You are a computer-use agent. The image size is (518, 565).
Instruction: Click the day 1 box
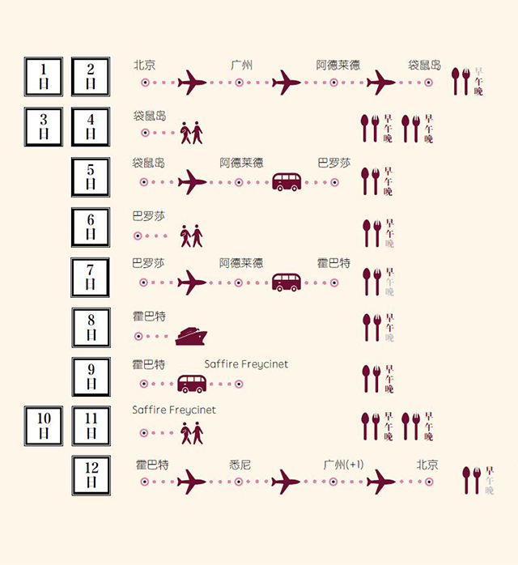pyautogui.click(x=44, y=78)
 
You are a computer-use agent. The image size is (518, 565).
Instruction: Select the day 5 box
pyautogui.click(x=91, y=177)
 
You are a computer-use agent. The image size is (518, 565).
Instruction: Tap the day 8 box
pyautogui.click(x=91, y=328)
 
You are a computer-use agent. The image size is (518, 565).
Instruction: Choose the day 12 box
pyautogui.click(x=91, y=477)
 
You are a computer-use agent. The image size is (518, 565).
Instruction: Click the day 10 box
pyautogui.click(x=44, y=427)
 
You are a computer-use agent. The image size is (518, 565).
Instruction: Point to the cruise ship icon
pyautogui.click(x=193, y=335)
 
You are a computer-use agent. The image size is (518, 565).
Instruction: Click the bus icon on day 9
pyautogui.click(x=192, y=384)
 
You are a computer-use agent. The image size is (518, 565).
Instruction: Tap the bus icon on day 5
pyautogui.click(x=287, y=182)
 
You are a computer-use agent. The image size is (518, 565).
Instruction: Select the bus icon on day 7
pyautogui.click(x=287, y=282)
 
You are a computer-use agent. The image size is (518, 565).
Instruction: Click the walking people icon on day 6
pyautogui.click(x=192, y=236)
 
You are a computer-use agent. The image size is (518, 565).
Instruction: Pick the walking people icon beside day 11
pyautogui.click(x=192, y=433)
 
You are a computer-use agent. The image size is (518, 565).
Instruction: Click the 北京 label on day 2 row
pyautogui.click(x=145, y=66)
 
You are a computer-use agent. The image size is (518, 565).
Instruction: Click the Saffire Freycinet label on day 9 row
pyautogui.click(x=246, y=364)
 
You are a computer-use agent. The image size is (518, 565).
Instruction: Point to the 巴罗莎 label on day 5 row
pyautogui.click(x=334, y=163)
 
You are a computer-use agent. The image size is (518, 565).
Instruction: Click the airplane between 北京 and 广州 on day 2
pyautogui.click(x=192, y=82)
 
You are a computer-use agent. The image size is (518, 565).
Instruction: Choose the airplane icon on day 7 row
pyautogui.click(x=192, y=282)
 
